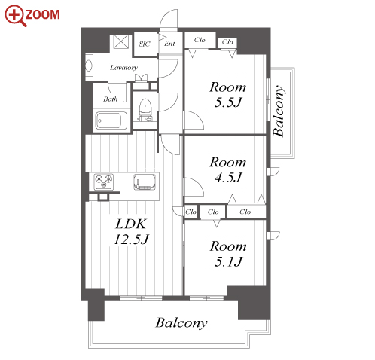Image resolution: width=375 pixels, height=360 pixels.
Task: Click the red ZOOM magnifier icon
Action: [x=15, y=15]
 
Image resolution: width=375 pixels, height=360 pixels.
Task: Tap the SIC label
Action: [x=145, y=44]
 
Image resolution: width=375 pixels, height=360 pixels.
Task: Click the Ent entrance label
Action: [x=169, y=44]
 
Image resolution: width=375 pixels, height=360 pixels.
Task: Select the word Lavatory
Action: [x=123, y=67]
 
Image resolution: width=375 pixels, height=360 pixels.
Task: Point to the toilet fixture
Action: [x=145, y=107]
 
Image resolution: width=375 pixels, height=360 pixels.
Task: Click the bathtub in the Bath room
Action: [x=111, y=121]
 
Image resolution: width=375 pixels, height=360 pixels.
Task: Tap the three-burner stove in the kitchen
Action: [x=104, y=182]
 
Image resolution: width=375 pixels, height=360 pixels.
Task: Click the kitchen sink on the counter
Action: [x=145, y=182]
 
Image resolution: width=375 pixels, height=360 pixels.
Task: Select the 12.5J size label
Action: [x=132, y=239]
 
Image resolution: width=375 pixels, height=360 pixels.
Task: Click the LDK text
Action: [x=130, y=224]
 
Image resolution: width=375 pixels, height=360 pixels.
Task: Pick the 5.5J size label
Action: [x=228, y=102]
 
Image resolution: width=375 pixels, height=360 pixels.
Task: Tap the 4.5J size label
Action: [x=228, y=178]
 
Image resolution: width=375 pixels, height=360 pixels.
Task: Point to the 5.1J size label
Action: [x=228, y=261]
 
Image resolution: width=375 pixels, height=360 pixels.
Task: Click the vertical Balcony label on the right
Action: [x=279, y=111]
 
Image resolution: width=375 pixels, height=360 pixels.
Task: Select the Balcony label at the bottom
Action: [x=181, y=323]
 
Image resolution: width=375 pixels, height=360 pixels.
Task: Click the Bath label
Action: [x=111, y=99]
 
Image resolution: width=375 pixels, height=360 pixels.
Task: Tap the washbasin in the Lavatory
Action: [x=89, y=66]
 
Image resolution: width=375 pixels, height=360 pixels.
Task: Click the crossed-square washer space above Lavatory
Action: [x=121, y=42]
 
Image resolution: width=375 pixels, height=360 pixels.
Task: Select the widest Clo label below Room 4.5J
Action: [x=245, y=212]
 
